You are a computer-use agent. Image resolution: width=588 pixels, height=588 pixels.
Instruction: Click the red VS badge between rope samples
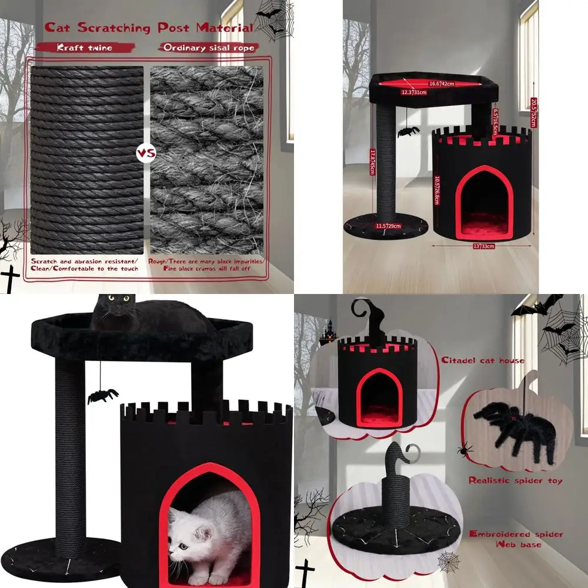pos(146,154)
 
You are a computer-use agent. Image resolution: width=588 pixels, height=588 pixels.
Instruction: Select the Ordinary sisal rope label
pos(209,48)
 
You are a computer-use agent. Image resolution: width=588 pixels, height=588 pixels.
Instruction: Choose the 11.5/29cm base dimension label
pos(388,226)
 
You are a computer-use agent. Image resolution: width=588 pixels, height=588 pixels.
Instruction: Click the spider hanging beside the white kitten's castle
pos(102,396)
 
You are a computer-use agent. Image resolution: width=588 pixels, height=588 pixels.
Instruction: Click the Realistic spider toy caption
pos(515,480)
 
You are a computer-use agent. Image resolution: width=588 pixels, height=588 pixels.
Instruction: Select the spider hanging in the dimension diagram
pos(406,130)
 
